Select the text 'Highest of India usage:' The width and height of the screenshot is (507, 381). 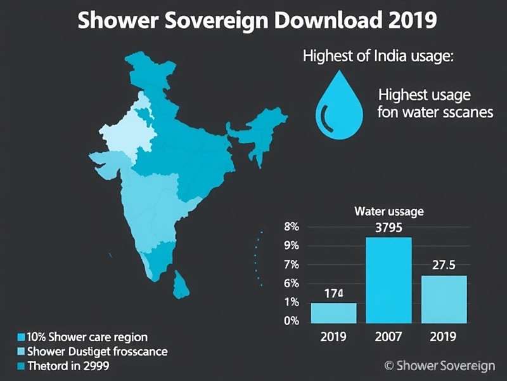[x=378, y=56]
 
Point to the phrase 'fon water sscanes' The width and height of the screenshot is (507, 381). [x=425, y=114]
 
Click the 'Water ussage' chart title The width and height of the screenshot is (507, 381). [x=388, y=211]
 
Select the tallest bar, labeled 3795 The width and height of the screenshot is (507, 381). [x=388, y=279]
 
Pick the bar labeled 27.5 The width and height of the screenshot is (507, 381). [x=443, y=298]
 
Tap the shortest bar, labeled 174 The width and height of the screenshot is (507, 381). [x=333, y=312]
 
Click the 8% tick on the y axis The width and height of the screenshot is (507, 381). [x=291, y=227]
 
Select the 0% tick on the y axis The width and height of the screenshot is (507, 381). [x=291, y=321]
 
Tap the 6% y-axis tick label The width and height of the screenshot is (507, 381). [x=291, y=284]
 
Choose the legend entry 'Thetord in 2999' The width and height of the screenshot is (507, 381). [x=67, y=366]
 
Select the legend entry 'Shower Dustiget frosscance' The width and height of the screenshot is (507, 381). [x=95, y=351]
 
